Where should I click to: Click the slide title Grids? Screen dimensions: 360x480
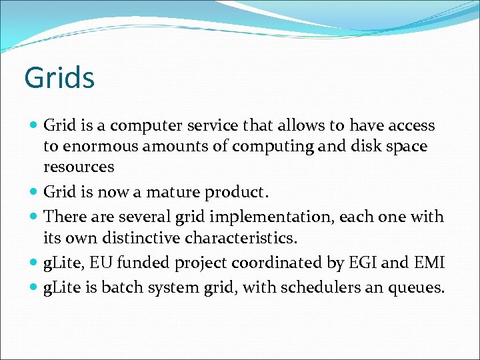pos(59,78)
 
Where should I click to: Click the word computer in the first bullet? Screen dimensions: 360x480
pos(144,125)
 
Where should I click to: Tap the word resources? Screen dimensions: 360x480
pos(79,167)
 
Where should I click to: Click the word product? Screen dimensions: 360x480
pos(236,193)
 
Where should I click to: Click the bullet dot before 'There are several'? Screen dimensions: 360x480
pos(35,217)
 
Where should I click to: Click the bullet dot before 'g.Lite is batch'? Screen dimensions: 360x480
pos(35,288)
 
